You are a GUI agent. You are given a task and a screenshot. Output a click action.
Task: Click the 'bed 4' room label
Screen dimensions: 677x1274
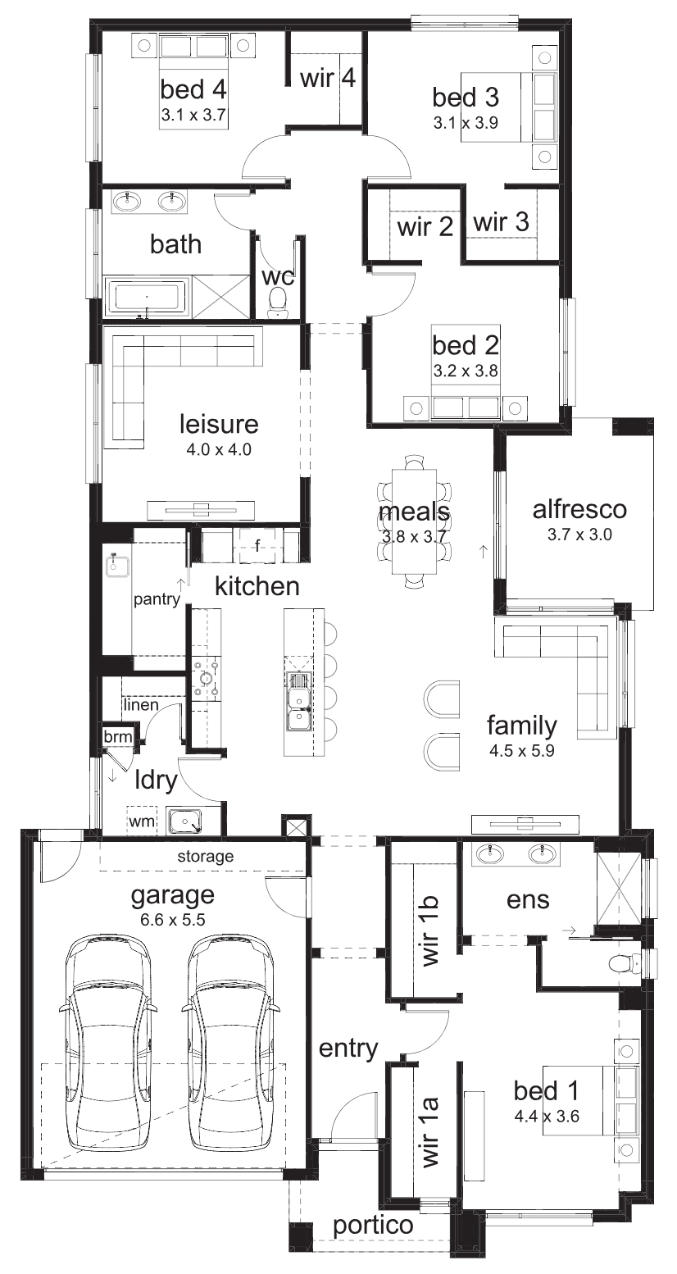(x=193, y=89)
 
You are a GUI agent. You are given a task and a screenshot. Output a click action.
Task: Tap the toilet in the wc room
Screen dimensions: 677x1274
(x=277, y=303)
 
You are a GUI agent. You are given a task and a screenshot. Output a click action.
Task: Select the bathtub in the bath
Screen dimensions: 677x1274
(x=148, y=297)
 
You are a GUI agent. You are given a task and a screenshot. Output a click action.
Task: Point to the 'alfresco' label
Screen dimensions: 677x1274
(x=579, y=509)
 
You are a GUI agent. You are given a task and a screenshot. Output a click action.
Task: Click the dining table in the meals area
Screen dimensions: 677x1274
(x=415, y=521)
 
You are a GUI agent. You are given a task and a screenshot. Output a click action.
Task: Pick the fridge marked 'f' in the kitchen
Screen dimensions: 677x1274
(x=257, y=545)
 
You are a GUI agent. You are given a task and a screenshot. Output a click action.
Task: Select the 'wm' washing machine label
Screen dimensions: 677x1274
(x=141, y=821)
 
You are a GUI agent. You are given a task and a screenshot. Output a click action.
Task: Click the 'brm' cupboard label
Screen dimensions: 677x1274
(x=118, y=737)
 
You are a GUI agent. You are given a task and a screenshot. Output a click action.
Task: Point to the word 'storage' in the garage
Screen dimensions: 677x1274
(x=205, y=856)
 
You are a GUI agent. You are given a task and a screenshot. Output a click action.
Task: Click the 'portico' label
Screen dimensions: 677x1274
(x=373, y=1226)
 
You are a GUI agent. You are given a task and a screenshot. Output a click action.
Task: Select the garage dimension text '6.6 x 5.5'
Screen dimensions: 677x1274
(x=171, y=919)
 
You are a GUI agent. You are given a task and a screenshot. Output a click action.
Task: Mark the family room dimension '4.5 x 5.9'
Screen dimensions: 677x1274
(x=521, y=750)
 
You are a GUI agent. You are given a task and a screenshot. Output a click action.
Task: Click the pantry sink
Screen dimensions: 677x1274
(x=116, y=566)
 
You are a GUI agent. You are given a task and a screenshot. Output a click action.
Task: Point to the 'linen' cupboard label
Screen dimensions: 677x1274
(x=140, y=705)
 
